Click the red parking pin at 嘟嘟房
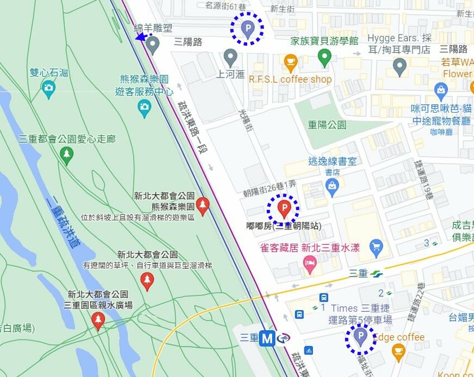coord(283,209)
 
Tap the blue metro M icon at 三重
coord(268,338)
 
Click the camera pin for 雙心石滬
coord(49,88)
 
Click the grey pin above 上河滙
coord(230,56)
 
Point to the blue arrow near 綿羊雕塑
coord(142,37)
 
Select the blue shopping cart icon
coord(376,245)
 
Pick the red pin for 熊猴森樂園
coord(203,205)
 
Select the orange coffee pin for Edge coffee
coord(398,351)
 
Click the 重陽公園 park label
coord(327,124)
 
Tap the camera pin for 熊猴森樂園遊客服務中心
coord(144,108)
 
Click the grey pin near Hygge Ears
coord(399,66)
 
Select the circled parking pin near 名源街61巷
coord(248,28)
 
